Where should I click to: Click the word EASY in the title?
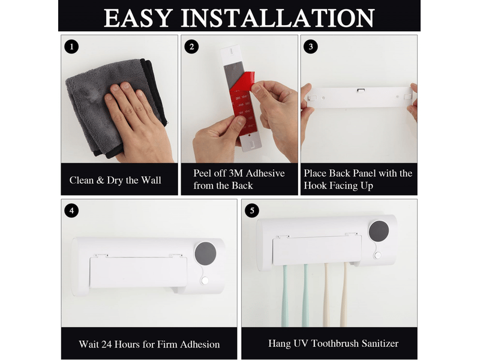pyautogui.click(x=138, y=18)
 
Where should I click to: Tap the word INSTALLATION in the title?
pyautogui.click(x=278, y=18)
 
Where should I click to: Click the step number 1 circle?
pyautogui.click(x=71, y=47)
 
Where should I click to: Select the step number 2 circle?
pyautogui.click(x=191, y=47)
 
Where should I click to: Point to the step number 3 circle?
pyautogui.click(x=311, y=47)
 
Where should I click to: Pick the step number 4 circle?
pyautogui.click(x=71, y=211)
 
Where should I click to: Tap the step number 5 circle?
pyautogui.click(x=252, y=211)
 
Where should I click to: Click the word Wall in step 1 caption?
pyautogui.click(x=151, y=180)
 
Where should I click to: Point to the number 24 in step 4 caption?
pyautogui.click(x=106, y=344)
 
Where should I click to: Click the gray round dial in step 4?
pyautogui.click(x=205, y=254)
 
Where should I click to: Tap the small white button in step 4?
pyautogui.click(x=205, y=280)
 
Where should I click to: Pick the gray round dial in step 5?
pyautogui.click(x=379, y=231)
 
